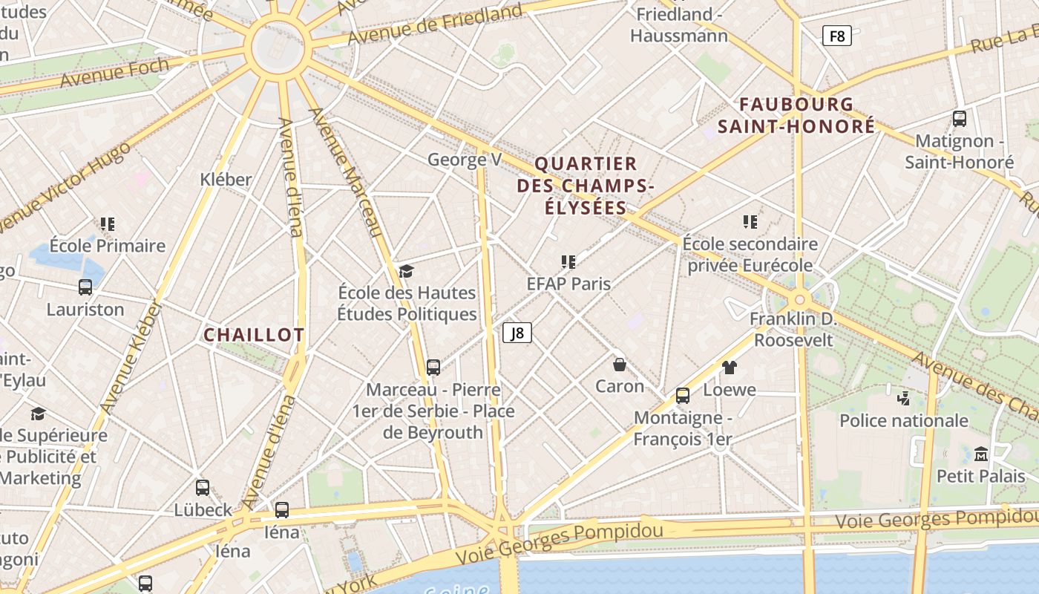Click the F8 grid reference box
836,36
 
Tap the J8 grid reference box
517,333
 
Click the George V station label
465,160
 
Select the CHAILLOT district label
254,335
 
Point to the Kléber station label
226,179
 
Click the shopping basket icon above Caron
620,365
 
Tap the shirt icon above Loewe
730,368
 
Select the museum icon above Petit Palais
981,454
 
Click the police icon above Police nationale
903,399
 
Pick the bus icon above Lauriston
85,287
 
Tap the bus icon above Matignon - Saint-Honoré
959,118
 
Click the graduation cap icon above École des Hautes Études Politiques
406,271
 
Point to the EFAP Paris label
568,284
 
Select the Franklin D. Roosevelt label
793,330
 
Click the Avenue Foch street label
114,72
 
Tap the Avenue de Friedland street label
435,25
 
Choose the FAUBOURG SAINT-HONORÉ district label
796,115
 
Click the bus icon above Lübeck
203,488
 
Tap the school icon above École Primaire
108,223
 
